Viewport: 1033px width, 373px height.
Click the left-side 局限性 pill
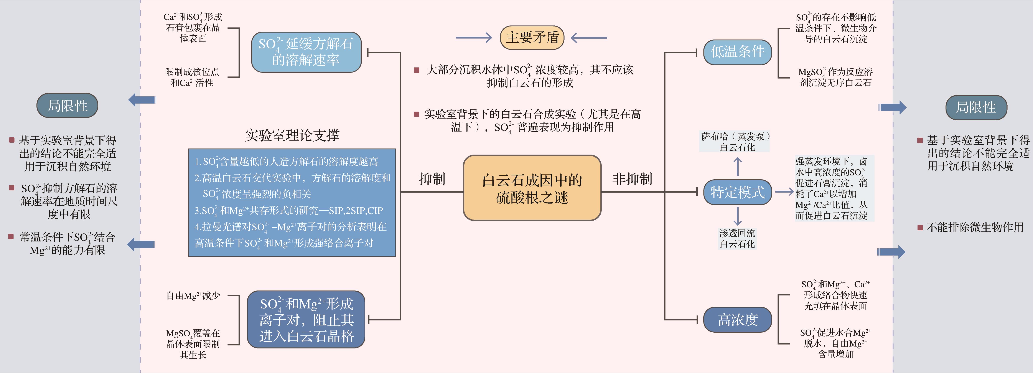(x=67, y=106)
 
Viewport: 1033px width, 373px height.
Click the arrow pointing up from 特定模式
(x=737, y=166)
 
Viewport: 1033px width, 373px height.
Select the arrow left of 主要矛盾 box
(x=474, y=38)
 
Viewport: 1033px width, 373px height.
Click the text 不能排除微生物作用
(x=975, y=227)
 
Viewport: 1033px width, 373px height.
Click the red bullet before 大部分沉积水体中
(x=417, y=70)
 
